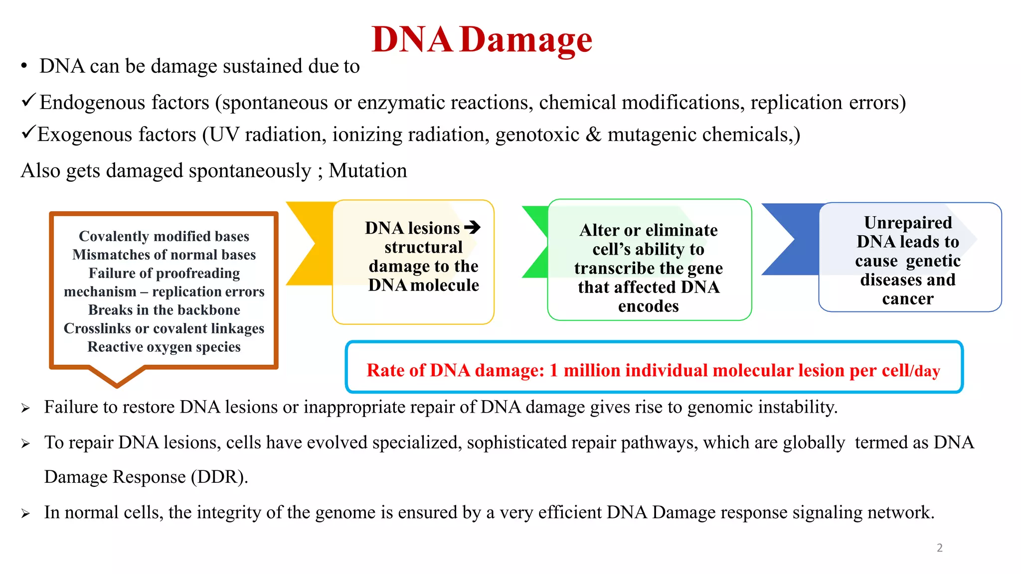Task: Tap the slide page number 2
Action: coord(939,548)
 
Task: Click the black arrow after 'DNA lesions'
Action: coord(472,228)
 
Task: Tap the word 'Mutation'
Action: coord(367,171)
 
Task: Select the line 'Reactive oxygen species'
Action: coord(164,347)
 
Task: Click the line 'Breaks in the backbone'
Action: coord(164,310)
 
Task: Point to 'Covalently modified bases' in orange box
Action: coord(164,236)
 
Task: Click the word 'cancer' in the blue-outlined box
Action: coord(907,299)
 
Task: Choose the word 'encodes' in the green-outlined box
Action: coord(648,306)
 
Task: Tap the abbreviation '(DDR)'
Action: coord(219,477)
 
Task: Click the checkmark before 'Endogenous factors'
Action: coord(28,101)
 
